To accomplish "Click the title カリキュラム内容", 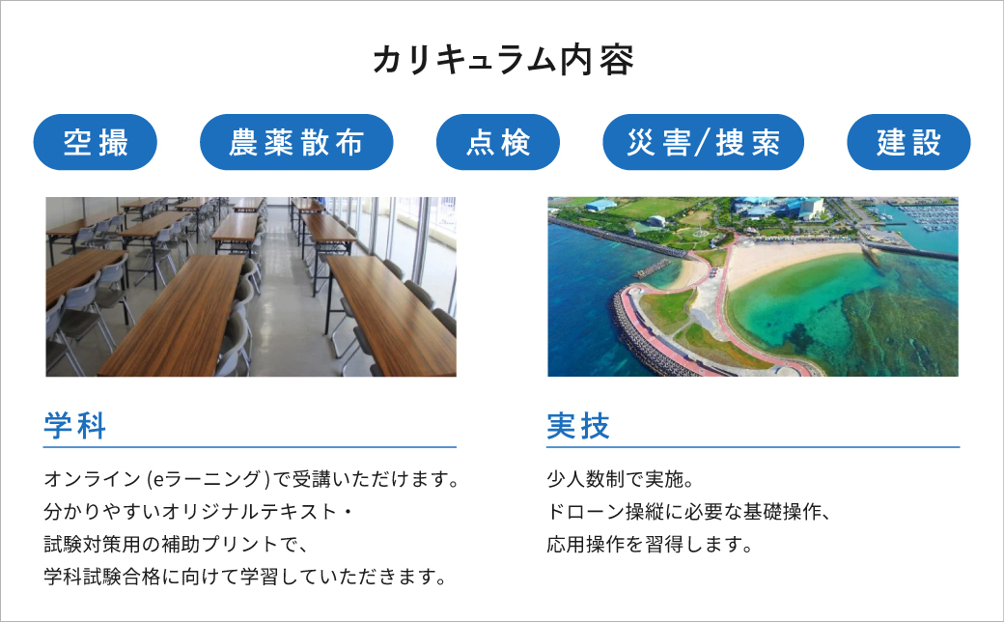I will click(502, 60).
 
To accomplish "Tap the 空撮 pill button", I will click(95, 143).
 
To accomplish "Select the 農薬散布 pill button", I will click(296, 143).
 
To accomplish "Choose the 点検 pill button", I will click(498, 143).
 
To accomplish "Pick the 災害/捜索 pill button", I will click(703, 143).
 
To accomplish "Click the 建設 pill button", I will click(908, 143).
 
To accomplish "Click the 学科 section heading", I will click(75, 426).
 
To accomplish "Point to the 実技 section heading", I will click(578, 426).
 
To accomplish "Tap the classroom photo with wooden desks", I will click(251, 287).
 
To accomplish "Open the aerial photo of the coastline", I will click(753, 287).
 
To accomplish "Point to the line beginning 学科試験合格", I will click(245, 578).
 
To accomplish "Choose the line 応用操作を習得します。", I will click(649, 544).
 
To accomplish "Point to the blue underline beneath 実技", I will click(753, 447).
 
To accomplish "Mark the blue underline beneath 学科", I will click(251, 447).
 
